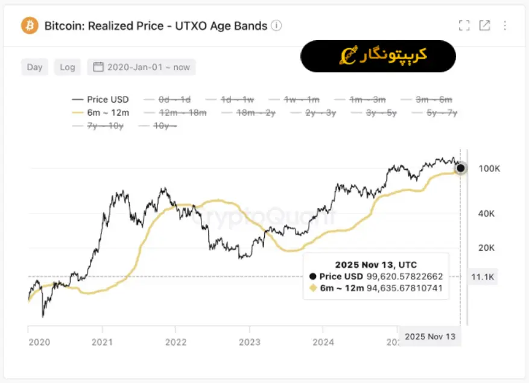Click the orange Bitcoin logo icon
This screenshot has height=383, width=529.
tap(30, 25)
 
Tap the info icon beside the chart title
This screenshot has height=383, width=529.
tap(276, 25)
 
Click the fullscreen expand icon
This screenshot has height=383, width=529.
tap(464, 25)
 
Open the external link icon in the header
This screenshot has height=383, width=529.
tap(484, 25)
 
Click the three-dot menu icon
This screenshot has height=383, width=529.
tap(505, 25)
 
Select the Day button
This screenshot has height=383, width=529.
tap(35, 67)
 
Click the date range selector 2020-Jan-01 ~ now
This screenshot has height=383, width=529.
tap(141, 67)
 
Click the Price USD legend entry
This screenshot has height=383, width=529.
tap(100, 100)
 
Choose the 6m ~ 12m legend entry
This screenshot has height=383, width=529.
tap(100, 112)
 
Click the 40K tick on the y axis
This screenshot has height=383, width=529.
tap(487, 214)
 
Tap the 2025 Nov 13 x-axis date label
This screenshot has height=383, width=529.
tap(430, 337)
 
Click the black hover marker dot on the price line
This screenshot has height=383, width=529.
tap(460, 168)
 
